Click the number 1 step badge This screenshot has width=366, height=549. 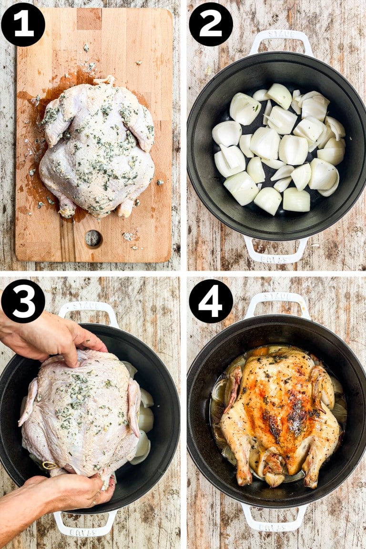click(23, 24)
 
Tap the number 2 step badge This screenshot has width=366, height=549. click(211, 24)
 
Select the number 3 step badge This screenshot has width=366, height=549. click(23, 301)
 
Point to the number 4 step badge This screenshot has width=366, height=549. click(211, 301)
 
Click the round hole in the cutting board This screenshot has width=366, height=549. click(93, 239)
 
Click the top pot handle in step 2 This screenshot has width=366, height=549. click(281, 39)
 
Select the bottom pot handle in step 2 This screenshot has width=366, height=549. click(275, 253)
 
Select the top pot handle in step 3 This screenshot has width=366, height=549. click(88, 309)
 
